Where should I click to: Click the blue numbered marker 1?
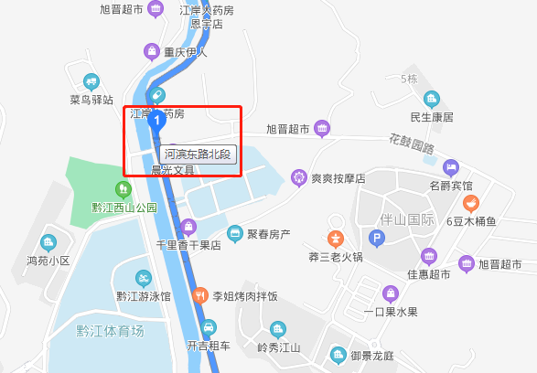[x=156, y=119]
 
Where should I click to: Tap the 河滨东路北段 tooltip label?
[x=198, y=155]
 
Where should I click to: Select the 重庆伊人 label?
[x=186, y=51]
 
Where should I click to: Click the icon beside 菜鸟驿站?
[x=91, y=81]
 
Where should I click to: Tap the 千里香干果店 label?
[x=188, y=245]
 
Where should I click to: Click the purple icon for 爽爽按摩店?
[x=298, y=177]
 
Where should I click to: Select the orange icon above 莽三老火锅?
[x=336, y=238]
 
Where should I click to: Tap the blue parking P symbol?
[x=377, y=240]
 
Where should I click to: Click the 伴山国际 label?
[x=407, y=219]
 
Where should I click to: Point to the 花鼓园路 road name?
[x=409, y=145]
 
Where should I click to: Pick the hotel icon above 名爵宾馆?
[x=450, y=167]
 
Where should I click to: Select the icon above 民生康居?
[x=432, y=99]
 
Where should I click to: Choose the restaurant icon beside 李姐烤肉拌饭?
[x=200, y=295]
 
